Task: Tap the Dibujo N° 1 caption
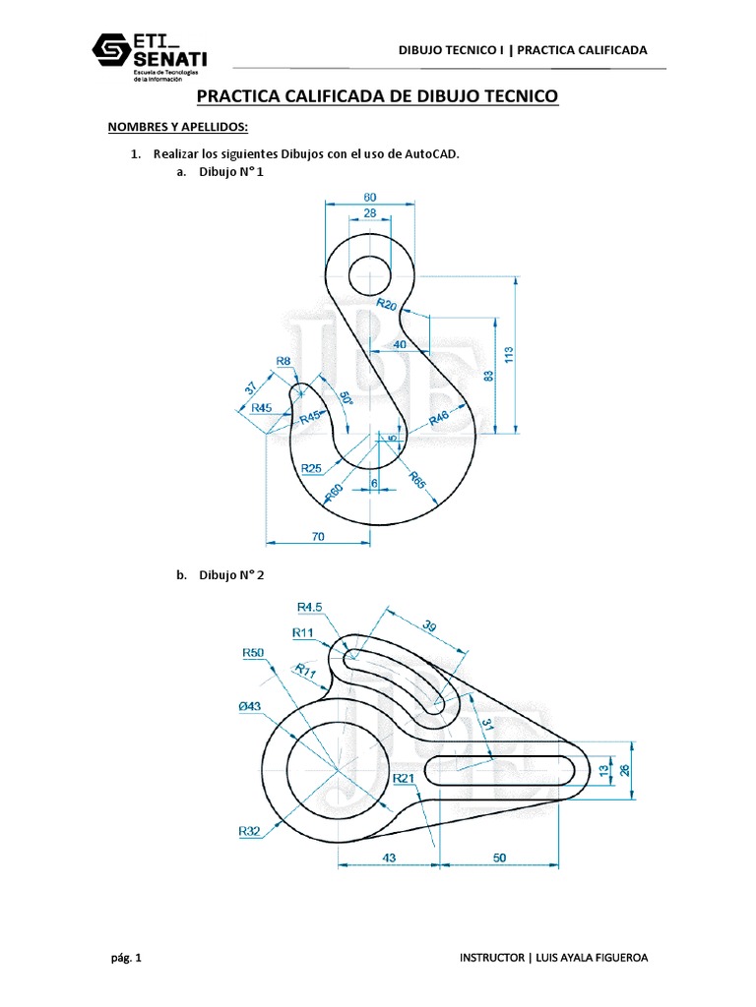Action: pos(231,172)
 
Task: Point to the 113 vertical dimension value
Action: pos(509,353)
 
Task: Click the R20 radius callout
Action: pos(387,306)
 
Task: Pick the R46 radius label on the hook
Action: pos(439,420)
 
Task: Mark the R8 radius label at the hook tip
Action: pos(283,362)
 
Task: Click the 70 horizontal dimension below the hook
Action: pos(317,537)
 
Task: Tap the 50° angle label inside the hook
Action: pos(345,402)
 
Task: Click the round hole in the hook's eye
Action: pos(369,270)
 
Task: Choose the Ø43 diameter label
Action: pos(250,706)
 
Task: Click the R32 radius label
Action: pos(249,831)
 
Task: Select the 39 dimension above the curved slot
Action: pos(429,626)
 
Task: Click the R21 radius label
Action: pos(404,778)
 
